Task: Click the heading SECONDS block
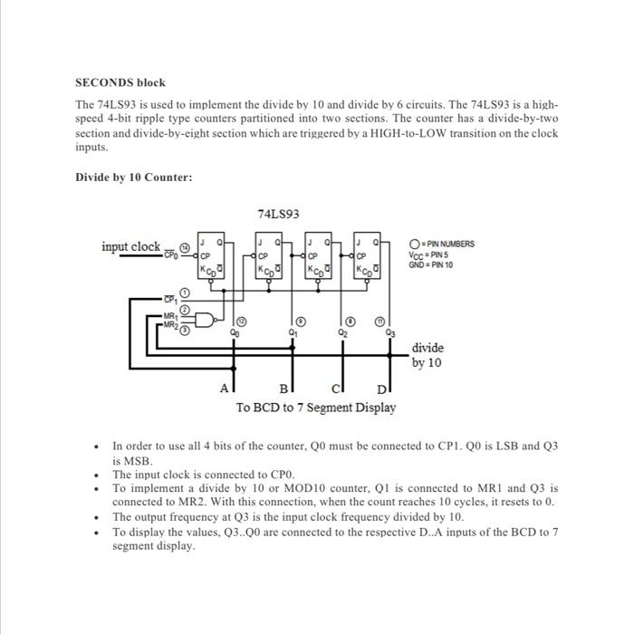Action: [120, 82]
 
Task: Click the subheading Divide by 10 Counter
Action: [133, 177]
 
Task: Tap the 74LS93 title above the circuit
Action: [278, 215]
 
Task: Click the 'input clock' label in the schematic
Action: [130, 247]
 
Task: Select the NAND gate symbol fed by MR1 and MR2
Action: [210, 320]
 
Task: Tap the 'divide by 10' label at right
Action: [427, 355]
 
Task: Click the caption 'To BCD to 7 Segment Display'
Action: [316, 408]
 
